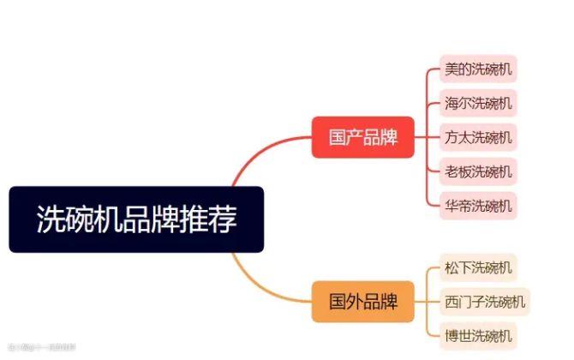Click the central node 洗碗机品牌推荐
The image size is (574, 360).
[x=136, y=219]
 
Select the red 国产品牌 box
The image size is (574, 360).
[x=362, y=137]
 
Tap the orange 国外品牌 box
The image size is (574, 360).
[x=362, y=302]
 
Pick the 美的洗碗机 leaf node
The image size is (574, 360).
[x=479, y=69]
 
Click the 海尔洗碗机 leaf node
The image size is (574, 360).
[x=479, y=104]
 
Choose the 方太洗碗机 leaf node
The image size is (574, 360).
[x=479, y=137]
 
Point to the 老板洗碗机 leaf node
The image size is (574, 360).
[x=479, y=171]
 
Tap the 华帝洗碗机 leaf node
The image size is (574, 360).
[x=479, y=206]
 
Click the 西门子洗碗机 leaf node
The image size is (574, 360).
[x=485, y=301]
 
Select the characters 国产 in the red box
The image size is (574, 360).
[x=345, y=137]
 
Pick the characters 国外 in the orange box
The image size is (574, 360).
[x=345, y=302]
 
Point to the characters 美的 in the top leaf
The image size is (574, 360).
[x=458, y=69]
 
